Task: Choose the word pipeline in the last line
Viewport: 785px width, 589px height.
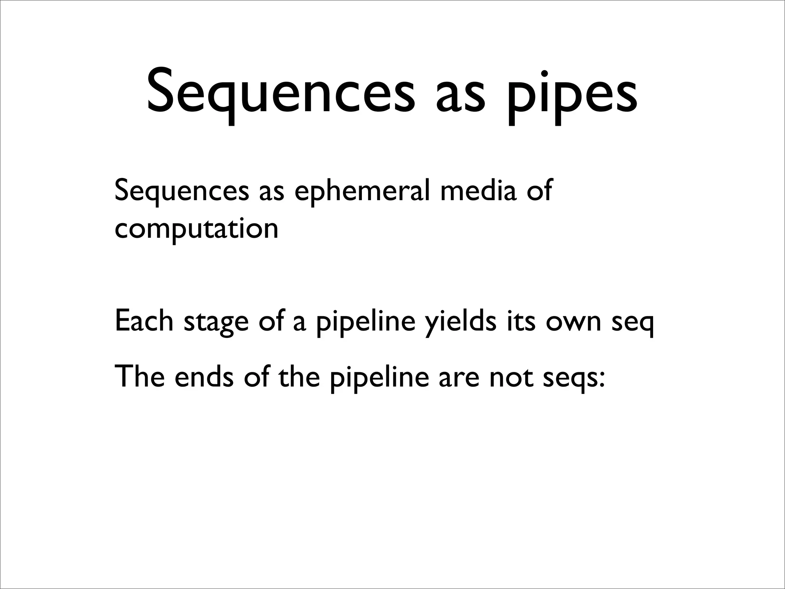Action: click(x=379, y=378)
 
